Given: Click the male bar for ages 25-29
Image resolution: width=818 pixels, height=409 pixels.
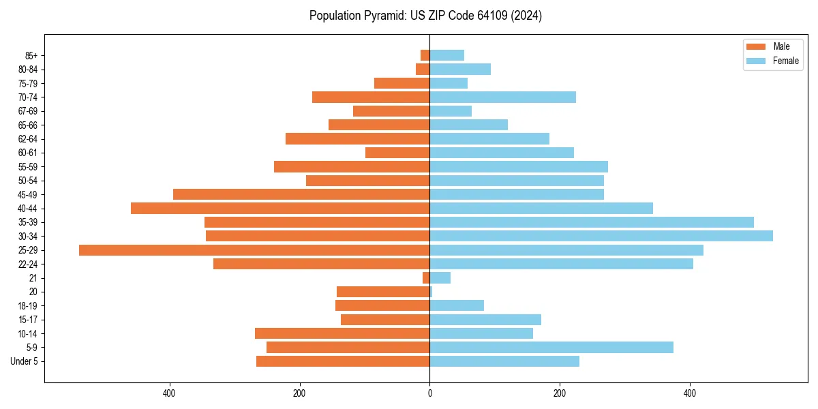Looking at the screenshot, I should (x=254, y=250).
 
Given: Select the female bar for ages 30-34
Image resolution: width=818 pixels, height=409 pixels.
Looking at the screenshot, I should (x=601, y=236).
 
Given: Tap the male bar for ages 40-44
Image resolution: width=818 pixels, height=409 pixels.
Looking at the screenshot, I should (x=280, y=208).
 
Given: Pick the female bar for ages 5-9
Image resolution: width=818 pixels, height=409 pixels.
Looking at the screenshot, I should (x=551, y=347).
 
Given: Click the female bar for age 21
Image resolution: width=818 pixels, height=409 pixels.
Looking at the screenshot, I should (x=440, y=277).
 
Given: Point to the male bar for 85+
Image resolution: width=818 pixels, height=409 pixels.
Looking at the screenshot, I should (x=425, y=55).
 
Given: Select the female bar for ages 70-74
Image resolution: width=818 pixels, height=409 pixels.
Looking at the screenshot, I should (x=502, y=97).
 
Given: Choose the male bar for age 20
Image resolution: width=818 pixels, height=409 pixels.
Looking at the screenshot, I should (x=383, y=292).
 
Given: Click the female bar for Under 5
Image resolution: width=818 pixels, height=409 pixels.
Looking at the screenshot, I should (x=504, y=361).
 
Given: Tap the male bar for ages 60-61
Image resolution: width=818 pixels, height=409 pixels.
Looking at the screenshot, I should (x=397, y=153).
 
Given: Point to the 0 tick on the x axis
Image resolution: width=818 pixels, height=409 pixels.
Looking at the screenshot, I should (x=429, y=393).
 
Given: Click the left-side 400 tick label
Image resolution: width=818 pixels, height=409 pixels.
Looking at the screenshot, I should (x=169, y=393).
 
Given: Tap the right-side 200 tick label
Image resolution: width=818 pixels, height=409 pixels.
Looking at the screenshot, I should (x=560, y=393).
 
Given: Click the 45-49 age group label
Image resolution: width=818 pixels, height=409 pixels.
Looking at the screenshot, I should (x=28, y=194).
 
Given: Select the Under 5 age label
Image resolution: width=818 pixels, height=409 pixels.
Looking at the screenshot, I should (x=25, y=361).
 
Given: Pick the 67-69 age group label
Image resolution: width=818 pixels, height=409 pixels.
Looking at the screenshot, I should (x=28, y=111).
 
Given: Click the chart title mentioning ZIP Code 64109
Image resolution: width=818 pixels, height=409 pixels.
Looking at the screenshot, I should (x=425, y=16).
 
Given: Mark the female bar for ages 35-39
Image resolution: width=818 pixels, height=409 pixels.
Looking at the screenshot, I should (x=591, y=222).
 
